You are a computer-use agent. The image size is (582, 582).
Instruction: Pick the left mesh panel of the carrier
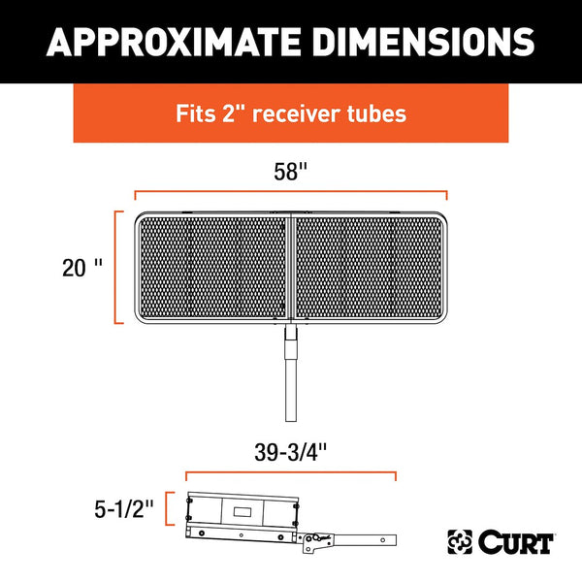(x=211, y=269)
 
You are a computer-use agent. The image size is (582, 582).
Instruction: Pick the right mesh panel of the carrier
(x=371, y=269)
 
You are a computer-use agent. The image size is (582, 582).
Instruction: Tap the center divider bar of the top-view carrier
(x=290, y=269)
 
